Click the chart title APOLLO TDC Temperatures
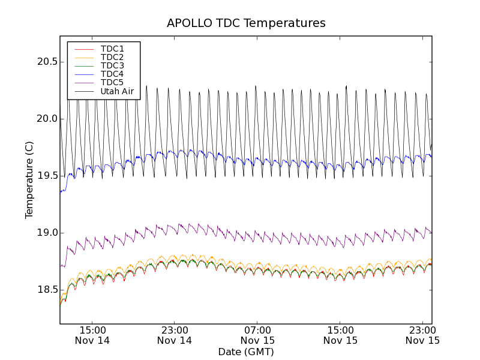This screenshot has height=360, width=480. [246, 23]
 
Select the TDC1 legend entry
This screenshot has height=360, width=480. [112, 49]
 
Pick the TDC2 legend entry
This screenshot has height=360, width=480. [112, 57]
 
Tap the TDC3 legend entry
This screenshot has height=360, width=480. [112, 65]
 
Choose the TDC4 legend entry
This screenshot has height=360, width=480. [112, 74]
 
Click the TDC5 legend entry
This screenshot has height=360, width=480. [112, 82]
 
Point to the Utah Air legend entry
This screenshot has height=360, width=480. [117, 91]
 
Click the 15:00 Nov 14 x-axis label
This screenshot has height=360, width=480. [92, 335]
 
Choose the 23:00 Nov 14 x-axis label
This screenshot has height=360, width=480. [175, 335]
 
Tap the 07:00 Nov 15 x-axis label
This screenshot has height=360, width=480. [257, 335]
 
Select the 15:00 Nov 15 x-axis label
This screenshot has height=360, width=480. [340, 335]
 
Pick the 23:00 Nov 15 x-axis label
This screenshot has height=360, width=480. [423, 335]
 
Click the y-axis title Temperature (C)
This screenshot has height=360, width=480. [29, 179]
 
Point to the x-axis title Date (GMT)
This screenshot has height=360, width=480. [245, 352]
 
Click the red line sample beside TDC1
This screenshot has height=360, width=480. [83, 49]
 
